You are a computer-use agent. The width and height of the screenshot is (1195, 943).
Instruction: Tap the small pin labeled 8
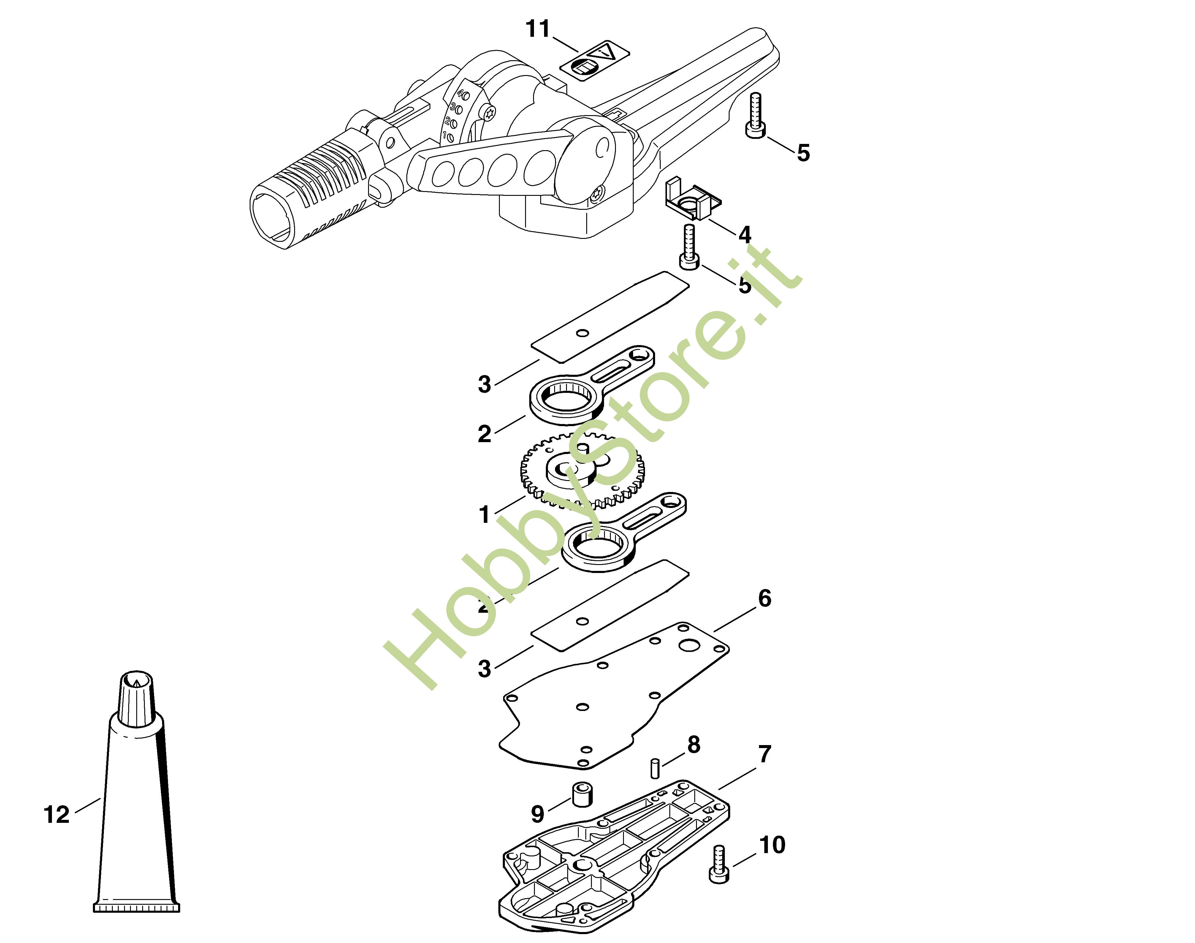655,769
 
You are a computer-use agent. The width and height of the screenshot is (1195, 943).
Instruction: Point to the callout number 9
537,814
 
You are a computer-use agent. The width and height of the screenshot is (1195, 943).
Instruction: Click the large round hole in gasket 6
690,645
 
